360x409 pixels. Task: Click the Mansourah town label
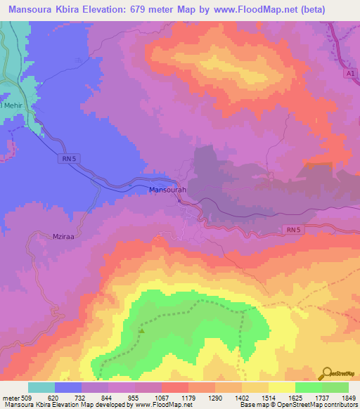pyautogui.click(x=167, y=190)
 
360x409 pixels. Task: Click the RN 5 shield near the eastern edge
pyautogui.click(x=294, y=230)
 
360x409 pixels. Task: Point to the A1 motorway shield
pyautogui.click(x=349, y=73)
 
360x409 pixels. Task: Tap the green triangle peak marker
pyautogui.click(x=141, y=330)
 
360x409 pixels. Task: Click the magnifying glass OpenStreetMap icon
pyautogui.click(x=326, y=373)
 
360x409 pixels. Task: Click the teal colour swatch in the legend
pyautogui.click(x=41, y=387)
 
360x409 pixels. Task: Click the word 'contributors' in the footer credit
pyautogui.click(x=340, y=405)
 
